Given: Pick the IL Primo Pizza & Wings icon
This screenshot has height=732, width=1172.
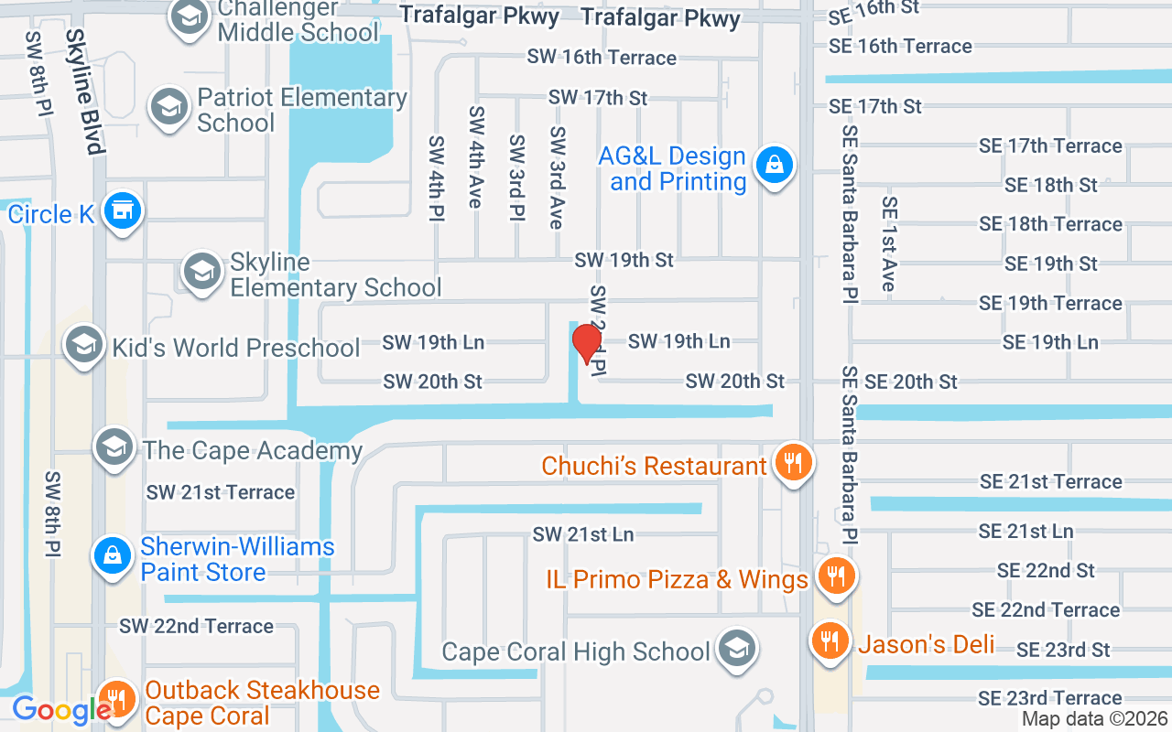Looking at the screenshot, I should coord(835,576).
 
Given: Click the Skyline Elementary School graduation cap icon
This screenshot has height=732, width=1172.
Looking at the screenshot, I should coord(201,272).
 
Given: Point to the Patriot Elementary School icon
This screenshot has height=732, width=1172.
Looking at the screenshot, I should coord(169,108).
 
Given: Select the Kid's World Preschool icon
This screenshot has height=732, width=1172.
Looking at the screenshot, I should coord(84,346).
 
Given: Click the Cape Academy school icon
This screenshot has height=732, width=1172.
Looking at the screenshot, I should coord(114,447).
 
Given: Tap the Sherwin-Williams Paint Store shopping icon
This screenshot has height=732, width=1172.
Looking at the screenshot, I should coord(112,555).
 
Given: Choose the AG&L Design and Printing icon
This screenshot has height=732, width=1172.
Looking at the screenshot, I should coord(774,166).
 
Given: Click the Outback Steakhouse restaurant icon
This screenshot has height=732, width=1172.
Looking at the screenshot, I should coord(116,700).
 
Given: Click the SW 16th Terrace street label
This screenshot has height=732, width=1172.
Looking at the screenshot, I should coord(601,57).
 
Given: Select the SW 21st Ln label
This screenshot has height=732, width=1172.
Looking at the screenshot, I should coord(583,533).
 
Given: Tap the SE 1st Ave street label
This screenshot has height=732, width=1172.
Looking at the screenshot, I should coord(887,243).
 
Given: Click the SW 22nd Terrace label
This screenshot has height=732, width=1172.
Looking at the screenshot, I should coord(196,626).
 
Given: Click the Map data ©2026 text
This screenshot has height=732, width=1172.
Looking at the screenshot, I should coord(1095,719).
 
